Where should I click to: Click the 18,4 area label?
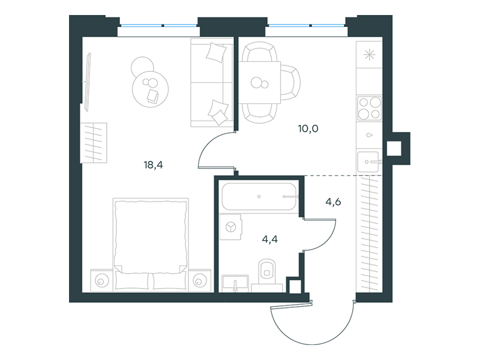coord(154,166)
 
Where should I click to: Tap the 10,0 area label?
coord(308,128)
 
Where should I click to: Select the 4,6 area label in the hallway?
coord(334,202)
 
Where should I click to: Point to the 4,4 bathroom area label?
coord(270,239)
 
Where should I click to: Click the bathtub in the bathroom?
coord(259,197)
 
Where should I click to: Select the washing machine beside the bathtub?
coord(231,227)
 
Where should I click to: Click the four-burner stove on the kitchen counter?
coord(370,108)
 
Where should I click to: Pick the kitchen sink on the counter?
coord(368,161)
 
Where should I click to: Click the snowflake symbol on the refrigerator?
coord(369,55)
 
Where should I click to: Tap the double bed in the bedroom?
coord(151,244)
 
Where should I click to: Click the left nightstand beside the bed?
coord(101,280)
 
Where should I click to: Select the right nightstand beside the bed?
coord(200,280)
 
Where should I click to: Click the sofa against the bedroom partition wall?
coord(212,82)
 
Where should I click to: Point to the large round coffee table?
coord(151,89)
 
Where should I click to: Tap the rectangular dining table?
coord(260,83)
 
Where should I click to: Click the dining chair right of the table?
coord(290,83)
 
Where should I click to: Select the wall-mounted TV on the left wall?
coord(88,82)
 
